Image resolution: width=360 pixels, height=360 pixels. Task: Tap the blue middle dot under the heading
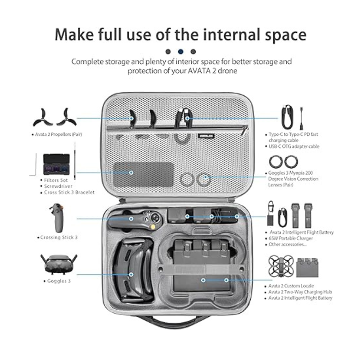point(181,51)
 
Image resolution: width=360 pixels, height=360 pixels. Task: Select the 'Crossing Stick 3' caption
point(59,238)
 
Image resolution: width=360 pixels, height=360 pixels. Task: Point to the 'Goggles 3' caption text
point(59,281)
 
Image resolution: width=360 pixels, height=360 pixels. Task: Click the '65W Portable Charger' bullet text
point(291,238)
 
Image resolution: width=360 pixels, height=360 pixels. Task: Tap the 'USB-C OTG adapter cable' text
point(294,146)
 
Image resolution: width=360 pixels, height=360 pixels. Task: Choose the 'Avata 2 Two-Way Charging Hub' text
point(300,292)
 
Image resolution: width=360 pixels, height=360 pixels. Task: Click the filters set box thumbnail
point(56,164)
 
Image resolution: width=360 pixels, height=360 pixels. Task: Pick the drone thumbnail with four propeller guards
point(281,266)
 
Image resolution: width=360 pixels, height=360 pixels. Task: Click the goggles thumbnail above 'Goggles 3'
point(59,264)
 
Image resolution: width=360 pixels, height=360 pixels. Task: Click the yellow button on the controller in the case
point(152,227)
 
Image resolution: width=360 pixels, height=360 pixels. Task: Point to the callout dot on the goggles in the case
point(131,274)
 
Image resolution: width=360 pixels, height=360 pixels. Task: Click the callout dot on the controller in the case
point(131,219)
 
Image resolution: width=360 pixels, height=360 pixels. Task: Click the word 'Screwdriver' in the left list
point(58,186)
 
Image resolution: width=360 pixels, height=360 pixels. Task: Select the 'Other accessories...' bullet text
point(288,244)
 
